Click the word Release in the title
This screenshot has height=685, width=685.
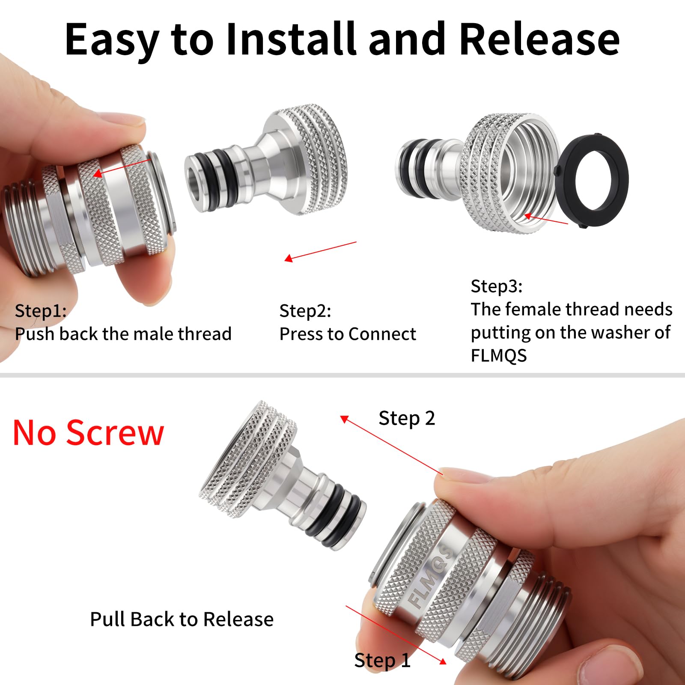[539, 39]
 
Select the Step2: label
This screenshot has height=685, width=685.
[305, 311]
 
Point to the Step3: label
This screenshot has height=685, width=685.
[497, 286]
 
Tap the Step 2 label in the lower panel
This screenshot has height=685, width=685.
[407, 418]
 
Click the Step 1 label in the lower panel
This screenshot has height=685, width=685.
[382, 660]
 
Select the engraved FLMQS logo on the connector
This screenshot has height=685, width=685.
[430, 576]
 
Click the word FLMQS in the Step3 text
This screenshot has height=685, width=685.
[499, 356]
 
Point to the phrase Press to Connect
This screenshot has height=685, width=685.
[348, 334]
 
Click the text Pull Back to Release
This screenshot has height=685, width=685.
[182, 619]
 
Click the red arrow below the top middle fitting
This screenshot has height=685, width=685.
[320, 251]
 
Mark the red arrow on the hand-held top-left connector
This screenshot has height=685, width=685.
[122, 167]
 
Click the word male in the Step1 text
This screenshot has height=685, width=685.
[151, 334]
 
